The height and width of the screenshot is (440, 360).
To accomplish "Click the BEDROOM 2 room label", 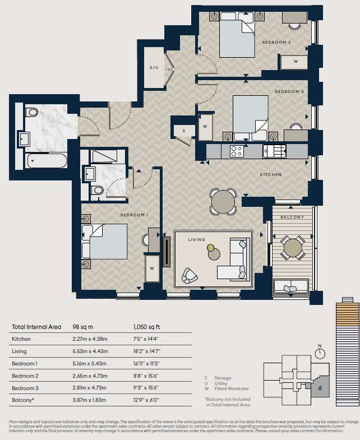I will [276, 43].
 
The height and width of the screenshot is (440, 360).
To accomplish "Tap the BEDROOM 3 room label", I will [289, 91].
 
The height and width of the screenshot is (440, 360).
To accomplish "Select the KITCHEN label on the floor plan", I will [270, 175].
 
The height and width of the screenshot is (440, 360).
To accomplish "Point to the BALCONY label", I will [292, 217].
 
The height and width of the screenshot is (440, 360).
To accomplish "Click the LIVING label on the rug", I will [196, 239].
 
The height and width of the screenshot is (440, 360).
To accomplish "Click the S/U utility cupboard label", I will [154, 68].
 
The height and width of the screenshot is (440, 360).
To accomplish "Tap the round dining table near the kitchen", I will [223, 201].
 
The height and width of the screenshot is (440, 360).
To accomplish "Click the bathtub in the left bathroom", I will [47, 161].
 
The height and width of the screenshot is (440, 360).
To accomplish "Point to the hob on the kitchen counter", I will [237, 151].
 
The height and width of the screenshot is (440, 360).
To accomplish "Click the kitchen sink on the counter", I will [275, 151].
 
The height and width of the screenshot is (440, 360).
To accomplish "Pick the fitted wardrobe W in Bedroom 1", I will [152, 268].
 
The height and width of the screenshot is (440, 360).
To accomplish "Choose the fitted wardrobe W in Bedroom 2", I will [295, 61].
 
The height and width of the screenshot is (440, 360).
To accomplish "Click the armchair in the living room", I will [190, 275].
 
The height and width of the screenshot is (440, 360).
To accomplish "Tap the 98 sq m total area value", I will [82, 326].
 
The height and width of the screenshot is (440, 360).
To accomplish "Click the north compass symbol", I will [320, 353].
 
